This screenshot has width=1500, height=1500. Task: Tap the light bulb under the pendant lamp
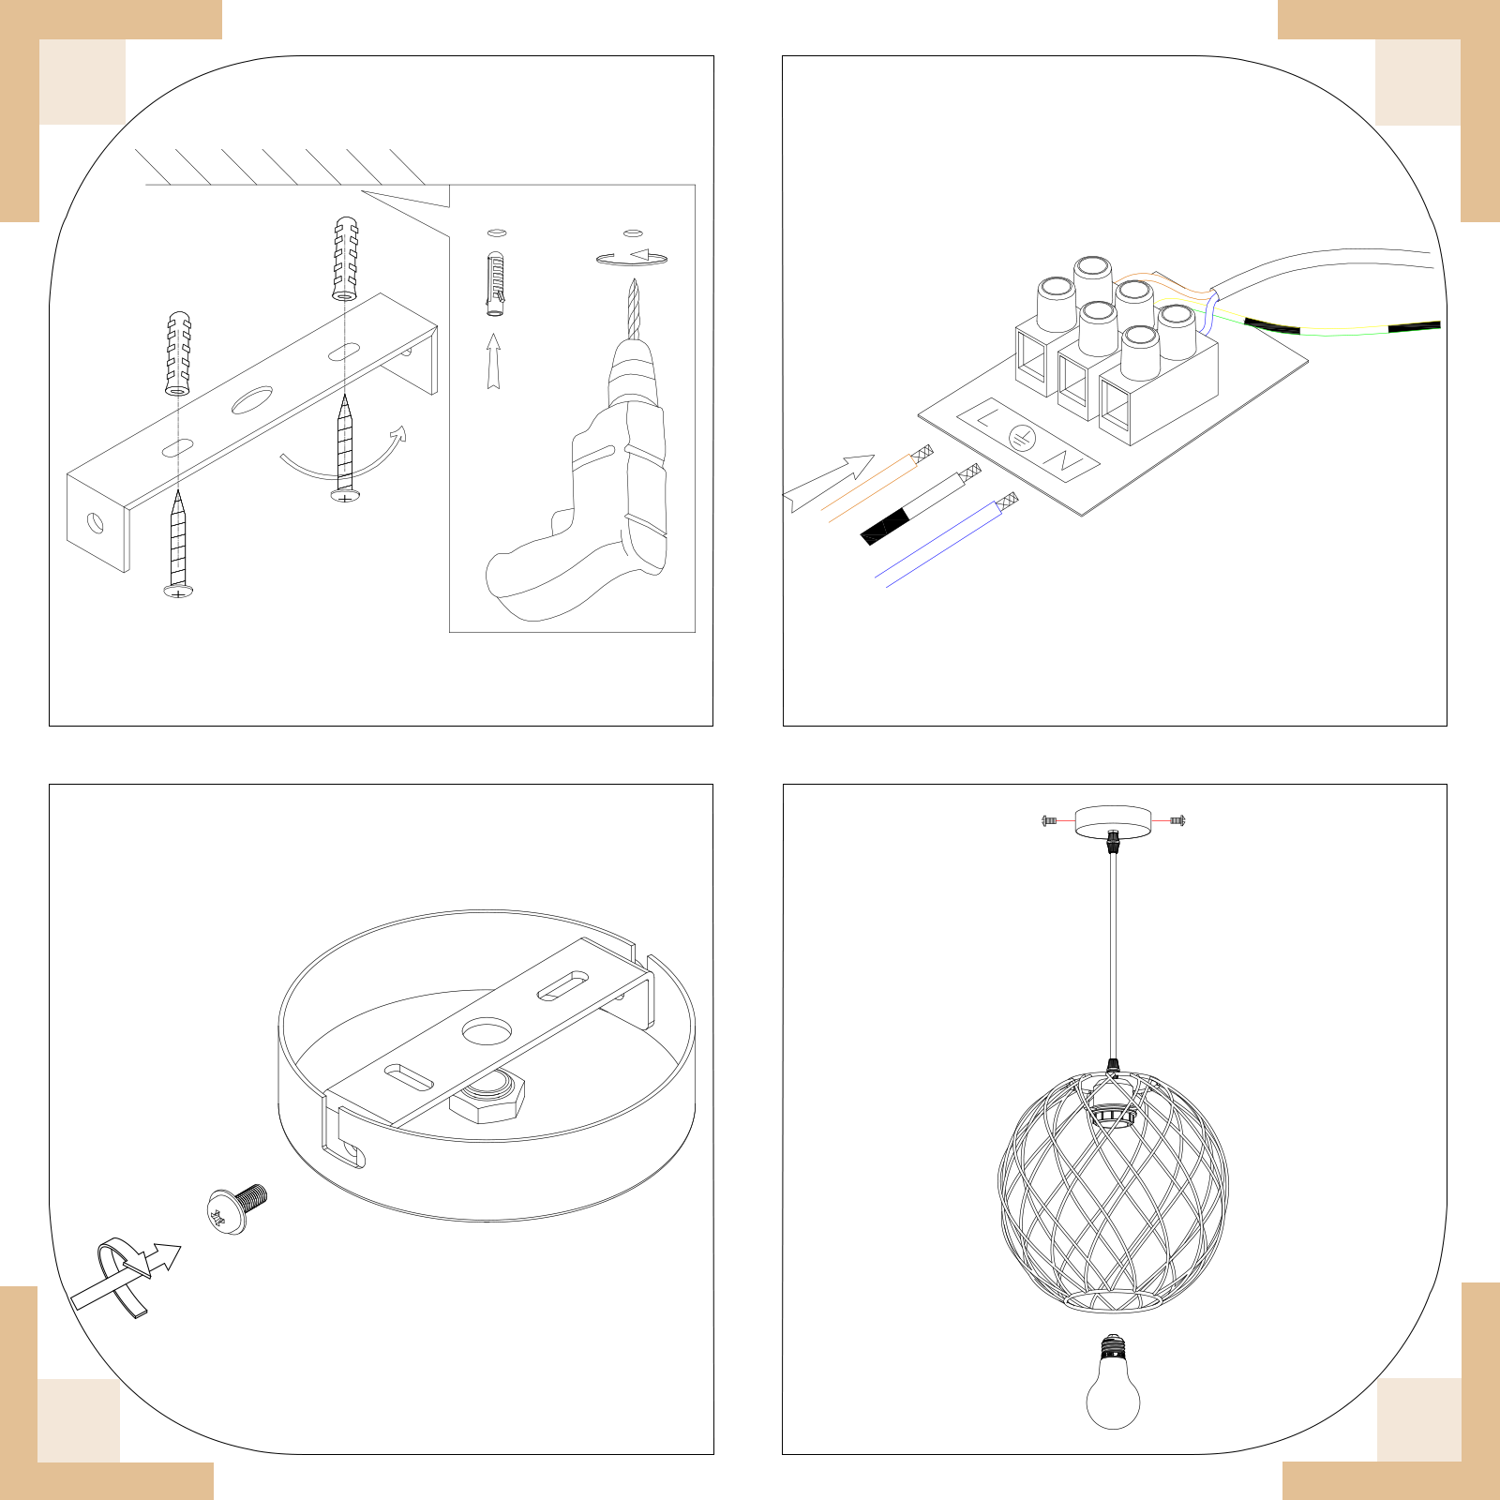coord(1113,1384)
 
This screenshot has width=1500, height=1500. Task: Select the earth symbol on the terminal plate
coord(1023,437)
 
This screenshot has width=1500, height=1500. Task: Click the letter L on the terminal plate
coord(987,417)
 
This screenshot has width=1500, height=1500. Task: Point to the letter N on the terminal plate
coord(1065,460)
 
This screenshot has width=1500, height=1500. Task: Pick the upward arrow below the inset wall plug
coord(493,362)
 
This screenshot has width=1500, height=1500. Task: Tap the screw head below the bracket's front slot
coord(178,591)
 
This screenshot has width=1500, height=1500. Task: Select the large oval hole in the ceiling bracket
coord(252,399)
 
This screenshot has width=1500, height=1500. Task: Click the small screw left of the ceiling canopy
coord(1049,820)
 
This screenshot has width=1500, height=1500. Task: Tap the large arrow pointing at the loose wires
coord(828,484)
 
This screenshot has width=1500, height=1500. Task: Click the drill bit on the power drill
coord(633,309)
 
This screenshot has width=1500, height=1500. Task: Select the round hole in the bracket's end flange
coord(96,521)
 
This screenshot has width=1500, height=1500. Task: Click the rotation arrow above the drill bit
coord(631,259)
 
